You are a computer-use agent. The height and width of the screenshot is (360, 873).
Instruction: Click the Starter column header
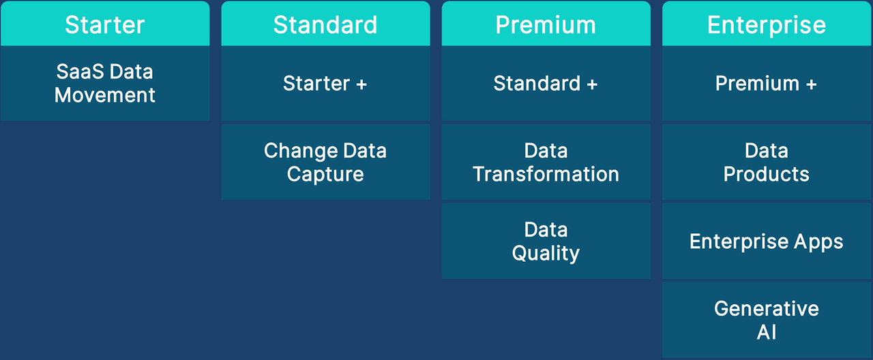(105, 23)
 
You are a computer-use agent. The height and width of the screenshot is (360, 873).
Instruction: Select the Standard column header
(325, 23)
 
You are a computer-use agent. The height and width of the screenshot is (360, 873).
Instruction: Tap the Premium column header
(546, 23)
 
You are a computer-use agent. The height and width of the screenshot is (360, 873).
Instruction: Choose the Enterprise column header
(767, 23)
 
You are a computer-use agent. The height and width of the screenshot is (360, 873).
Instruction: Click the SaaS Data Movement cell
(105, 83)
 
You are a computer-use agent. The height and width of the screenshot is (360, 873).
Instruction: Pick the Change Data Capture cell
(325, 162)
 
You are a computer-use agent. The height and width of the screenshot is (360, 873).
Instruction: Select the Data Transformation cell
(546, 162)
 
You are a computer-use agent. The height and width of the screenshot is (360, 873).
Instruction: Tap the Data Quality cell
(546, 241)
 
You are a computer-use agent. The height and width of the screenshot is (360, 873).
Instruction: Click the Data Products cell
(767, 162)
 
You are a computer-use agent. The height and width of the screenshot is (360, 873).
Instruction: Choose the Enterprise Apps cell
(767, 241)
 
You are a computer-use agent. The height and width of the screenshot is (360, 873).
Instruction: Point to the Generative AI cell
(767, 320)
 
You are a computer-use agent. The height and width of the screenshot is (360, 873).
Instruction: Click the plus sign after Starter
(361, 84)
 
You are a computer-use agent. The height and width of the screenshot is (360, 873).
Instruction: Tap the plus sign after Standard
(592, 84)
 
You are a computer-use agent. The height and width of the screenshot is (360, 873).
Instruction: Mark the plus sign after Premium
(812, 84)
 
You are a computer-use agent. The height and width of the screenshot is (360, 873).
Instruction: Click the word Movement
(105, 95)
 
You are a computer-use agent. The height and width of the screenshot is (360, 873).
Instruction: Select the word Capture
(325, 174)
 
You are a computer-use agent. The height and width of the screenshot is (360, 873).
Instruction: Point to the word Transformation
(546, 174)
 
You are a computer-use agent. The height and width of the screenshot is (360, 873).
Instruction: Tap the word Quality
(546, 253)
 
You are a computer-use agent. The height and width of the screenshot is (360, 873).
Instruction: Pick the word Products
(766, 174)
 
